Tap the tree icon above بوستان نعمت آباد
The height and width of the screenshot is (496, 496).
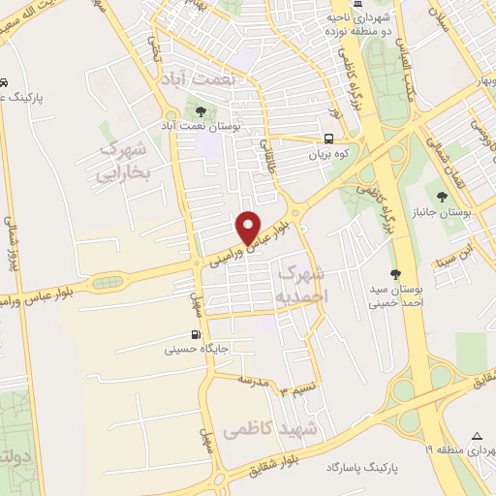click(x=201, y=111)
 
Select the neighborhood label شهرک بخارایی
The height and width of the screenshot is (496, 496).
click(x=123, y=163)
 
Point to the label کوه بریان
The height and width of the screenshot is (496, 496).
click(x=327, y=154)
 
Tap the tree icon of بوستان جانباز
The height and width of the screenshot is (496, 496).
click(x=442, y=197)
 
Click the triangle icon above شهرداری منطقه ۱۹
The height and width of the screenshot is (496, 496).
click(x=477, y=435)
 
